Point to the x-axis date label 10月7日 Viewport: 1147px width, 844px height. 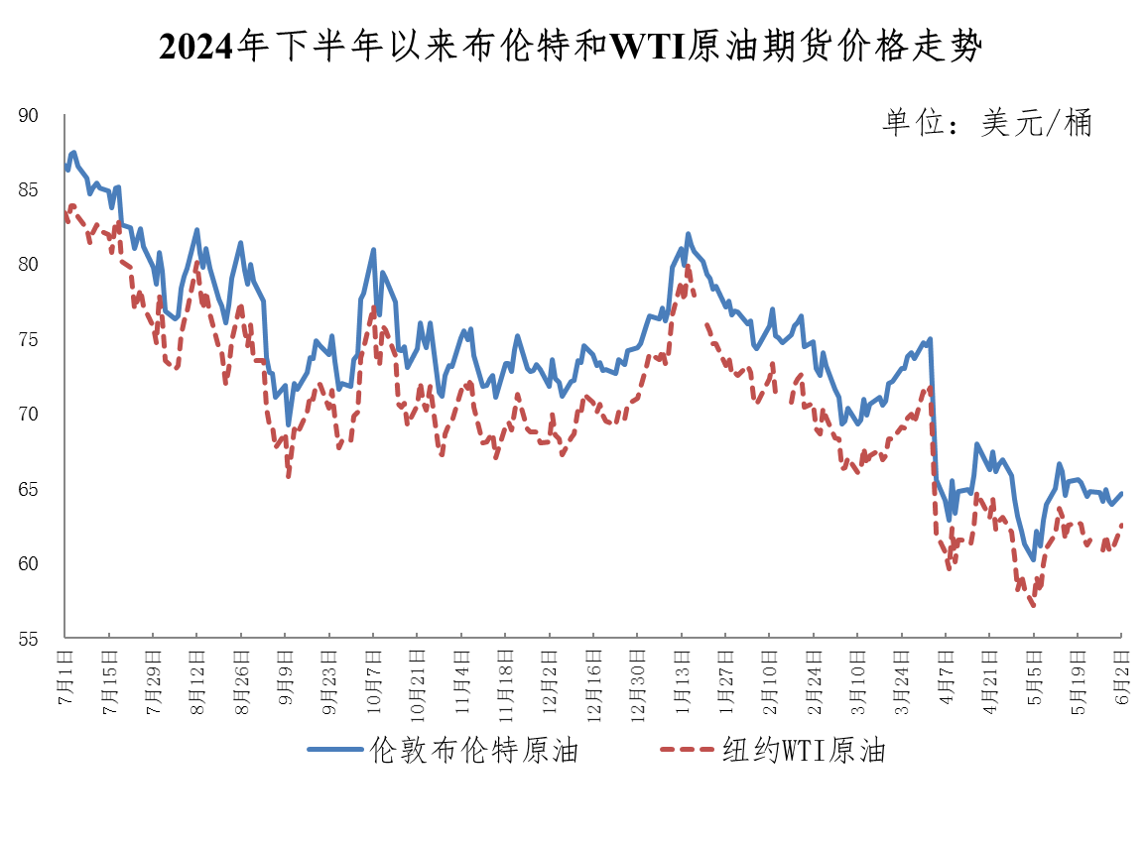click(373, 674)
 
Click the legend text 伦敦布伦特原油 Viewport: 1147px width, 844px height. click(473, 751)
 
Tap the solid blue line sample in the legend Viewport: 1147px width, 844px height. click(334, 751)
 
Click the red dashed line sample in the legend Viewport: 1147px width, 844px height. click(687, 751)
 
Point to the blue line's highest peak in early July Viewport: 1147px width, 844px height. click(73, 153)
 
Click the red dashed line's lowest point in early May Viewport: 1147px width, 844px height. click(1033, 605)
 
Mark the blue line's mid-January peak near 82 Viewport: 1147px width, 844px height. click(688, 234)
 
